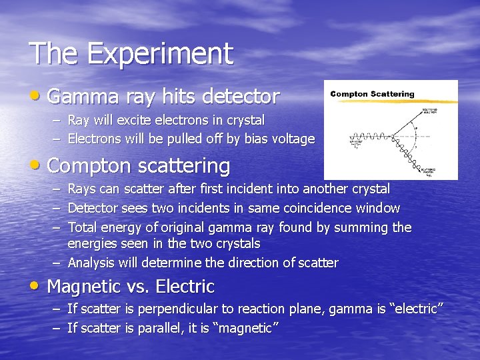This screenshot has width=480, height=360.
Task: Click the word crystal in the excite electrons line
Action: pos(244,121)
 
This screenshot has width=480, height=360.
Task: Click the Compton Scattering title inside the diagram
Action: pos(372,94)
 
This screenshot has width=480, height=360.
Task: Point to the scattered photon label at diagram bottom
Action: pos(441,172)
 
